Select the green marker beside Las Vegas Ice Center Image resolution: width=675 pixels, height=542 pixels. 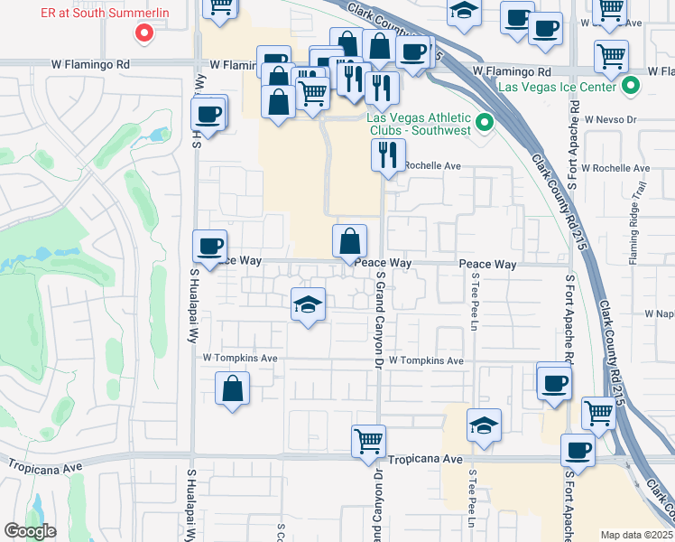pyautogui.click(x=631, y=87)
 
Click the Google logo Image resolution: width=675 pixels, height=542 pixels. pyautogui.click(x=31, y=531)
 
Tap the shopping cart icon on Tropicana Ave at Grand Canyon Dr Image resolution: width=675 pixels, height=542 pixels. pyautogui.click(x=368, y=441)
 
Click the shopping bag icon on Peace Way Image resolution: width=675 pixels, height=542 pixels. pyautogui.click(x=349, y=241)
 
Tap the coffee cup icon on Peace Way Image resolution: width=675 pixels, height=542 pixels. pyautogui.click(x=209, y=246)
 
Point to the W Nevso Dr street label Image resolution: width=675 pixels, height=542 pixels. pyautogui.click(x=610, y=118)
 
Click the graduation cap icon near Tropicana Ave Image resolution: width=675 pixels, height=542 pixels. pyautogui.click(x=484, y=425)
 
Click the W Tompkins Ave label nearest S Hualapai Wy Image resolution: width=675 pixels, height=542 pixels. pyautogui.click(x=239, y=359)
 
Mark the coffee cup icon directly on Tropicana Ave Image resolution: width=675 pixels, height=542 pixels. pyautogui.click(x=578, y=449)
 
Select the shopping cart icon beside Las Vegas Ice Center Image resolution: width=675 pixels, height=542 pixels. pyautogui.click(x=612, y=57)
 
